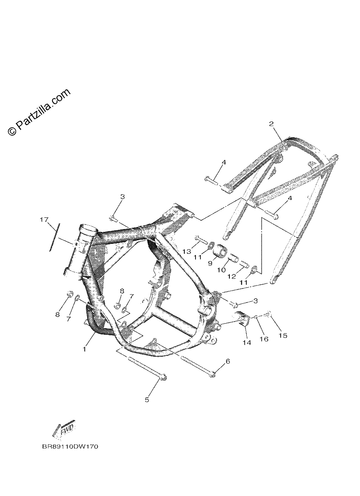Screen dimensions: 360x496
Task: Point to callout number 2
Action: pyautogui.click(x=272, y=124)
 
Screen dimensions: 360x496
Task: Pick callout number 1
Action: pyautogui.click(x=84, y=350)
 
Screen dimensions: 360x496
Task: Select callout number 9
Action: pyautogui.click(x=210, y=263)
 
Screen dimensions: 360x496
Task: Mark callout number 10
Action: pyautogui.click(x=221, y=269)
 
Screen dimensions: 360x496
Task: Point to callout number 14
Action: pyautogui.click(x=247, y=343)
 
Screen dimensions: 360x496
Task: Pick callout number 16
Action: pyautogui.click(x=264, y=339)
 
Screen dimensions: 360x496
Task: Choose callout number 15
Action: pyautogui.click(x=283, y=336)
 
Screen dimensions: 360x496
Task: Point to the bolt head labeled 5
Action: pyautogui.click(x=164, y=377)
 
